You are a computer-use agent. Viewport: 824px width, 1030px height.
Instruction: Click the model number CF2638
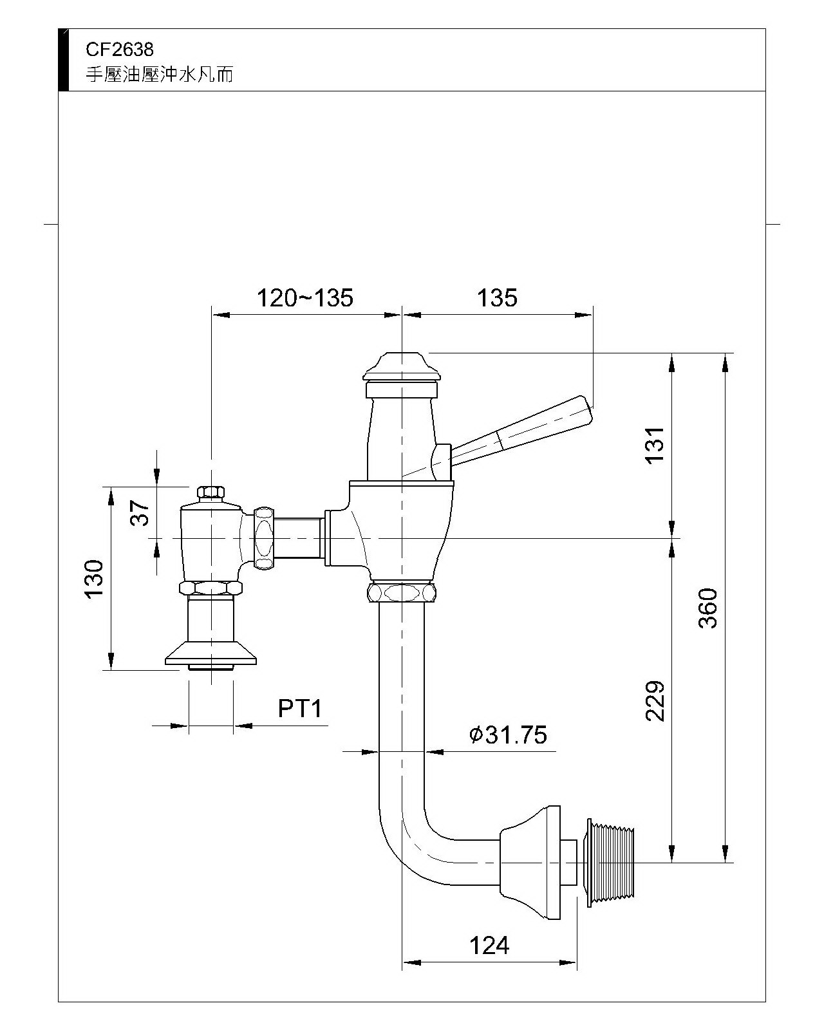(x=120, y=49)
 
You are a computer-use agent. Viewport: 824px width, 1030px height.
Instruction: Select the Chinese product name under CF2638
(x=160, y=75)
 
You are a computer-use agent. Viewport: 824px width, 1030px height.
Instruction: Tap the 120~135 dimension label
(x=305, y=298)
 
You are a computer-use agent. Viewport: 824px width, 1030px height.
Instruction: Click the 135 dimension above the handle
(x=497, y=298)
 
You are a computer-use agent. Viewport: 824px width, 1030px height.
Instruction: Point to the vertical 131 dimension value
(x=655, y=444)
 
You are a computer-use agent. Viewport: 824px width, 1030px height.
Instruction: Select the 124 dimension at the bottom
(x=489, y=946)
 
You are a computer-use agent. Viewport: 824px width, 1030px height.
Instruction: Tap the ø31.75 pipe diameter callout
(x=508, y=735)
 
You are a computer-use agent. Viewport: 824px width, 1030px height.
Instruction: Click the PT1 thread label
(x=299, y=709)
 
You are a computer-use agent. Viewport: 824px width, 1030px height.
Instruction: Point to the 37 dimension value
(x=140, y=513)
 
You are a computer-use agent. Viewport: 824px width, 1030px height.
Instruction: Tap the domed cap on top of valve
(x=402, y=365)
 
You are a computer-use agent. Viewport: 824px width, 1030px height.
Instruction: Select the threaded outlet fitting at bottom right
(x=610, y=861)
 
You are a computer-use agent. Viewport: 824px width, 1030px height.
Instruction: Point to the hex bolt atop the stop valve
(x=211, y=493)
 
